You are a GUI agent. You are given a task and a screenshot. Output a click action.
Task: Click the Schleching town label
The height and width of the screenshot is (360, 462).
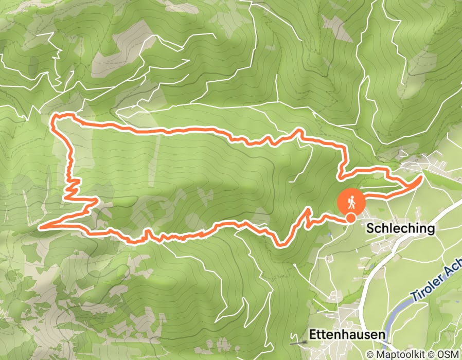[x=400, y=228]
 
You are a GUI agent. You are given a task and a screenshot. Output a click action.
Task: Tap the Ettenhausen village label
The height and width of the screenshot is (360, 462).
[x=347, y=335]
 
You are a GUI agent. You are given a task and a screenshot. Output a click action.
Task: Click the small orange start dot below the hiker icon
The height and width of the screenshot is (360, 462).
[x=351, y=218]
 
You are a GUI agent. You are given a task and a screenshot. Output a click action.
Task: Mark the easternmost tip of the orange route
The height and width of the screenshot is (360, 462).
[x=422, y=177]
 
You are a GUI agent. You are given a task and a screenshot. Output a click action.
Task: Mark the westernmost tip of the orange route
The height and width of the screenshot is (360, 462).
[x=40, y=226]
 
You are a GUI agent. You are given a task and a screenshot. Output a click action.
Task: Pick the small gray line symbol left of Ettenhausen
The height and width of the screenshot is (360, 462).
[x=297, y=342]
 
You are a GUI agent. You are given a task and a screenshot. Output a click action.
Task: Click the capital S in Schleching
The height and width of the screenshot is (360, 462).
[x=370, y=228]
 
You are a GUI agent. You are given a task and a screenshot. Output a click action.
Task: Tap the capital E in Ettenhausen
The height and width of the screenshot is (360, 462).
[x=312, y=335]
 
